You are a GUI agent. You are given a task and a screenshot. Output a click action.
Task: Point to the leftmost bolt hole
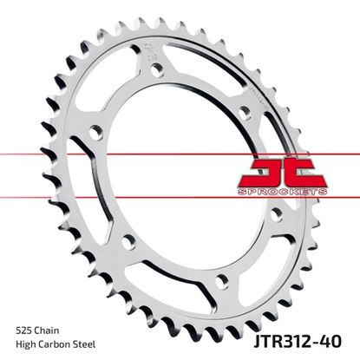(95, 131)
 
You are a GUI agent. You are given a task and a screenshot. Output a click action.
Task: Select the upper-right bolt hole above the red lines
(245, 110)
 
